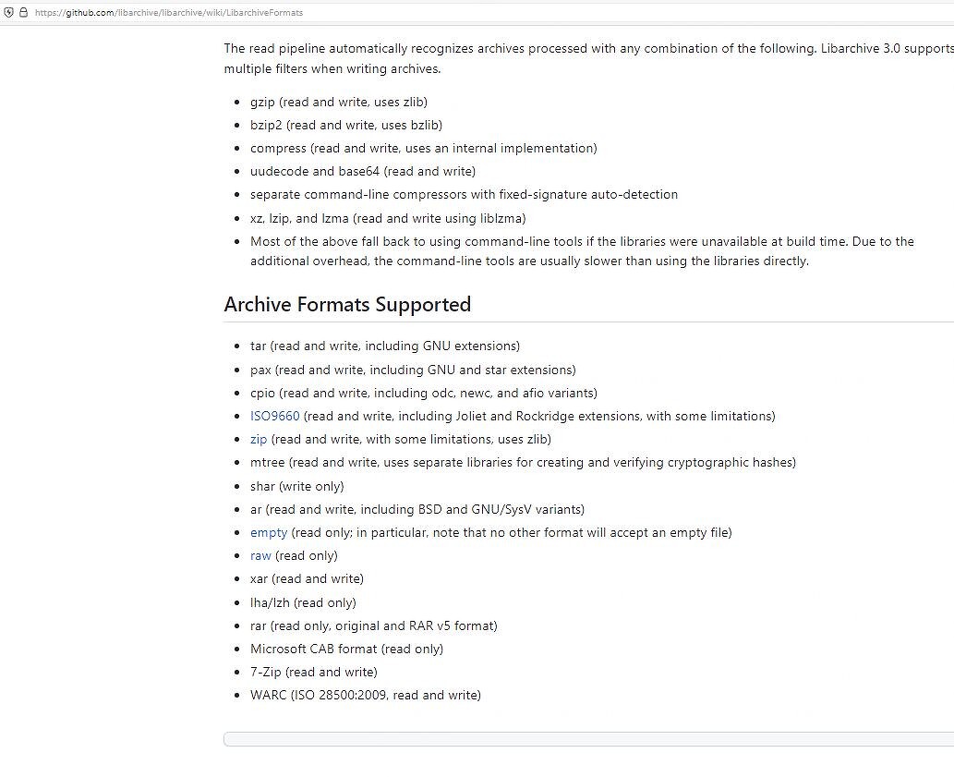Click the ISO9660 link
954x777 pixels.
coord(274,416)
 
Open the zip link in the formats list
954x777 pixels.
coord(259,439)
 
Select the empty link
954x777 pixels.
coord(269,532)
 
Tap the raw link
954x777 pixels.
coord(260,555)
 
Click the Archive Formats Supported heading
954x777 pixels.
coord(347,304)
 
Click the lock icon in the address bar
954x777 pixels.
coord(23,13)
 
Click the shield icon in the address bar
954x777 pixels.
coord(8,13)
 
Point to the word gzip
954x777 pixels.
coord(262,102)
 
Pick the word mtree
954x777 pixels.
coord(267,462)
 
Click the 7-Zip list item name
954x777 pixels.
coord(265,672)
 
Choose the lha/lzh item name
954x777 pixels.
coord(270,602)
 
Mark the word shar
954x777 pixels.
coord(263,486)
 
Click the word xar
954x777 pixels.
coord(259,578)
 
